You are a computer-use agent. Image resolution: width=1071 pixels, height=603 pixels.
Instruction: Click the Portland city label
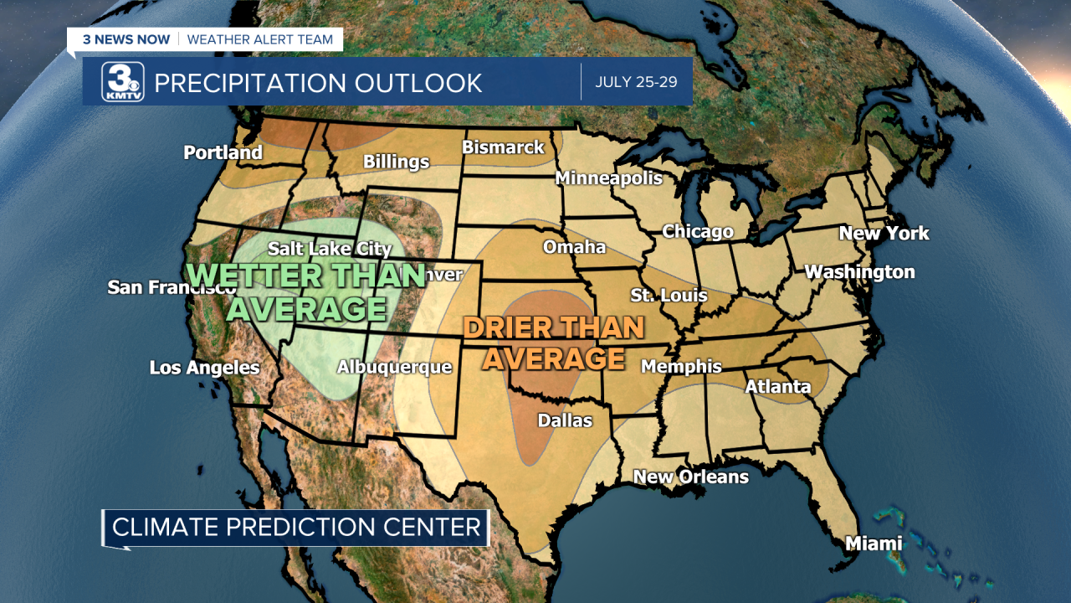223,152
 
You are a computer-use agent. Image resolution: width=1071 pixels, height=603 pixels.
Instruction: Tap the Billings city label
396,162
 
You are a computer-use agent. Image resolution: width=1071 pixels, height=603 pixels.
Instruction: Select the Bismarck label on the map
503,147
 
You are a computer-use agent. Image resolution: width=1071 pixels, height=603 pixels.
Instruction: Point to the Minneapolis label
608,178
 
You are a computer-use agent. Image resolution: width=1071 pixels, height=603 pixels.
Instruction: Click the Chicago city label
698,231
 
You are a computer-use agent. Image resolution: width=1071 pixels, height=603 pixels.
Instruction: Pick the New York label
884,234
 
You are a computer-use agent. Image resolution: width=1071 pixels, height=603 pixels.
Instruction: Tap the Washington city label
859,272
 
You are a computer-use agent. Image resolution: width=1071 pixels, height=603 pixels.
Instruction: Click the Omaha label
574,247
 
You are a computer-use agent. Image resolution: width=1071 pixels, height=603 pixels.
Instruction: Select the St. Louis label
669,295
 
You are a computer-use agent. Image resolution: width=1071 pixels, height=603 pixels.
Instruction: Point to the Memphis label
681,366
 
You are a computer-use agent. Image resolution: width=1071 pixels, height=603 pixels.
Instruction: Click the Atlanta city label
777,386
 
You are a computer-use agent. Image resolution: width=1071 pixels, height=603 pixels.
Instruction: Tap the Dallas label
565,420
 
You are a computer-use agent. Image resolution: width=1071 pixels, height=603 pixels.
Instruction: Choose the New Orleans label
690,477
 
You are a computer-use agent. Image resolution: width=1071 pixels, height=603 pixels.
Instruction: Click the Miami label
874,544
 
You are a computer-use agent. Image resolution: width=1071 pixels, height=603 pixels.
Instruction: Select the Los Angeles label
204,368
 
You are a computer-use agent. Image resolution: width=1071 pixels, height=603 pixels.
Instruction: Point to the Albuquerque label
394,367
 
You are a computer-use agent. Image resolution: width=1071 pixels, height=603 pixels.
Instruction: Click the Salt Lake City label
330,249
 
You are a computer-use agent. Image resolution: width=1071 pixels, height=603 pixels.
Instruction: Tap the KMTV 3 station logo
123,82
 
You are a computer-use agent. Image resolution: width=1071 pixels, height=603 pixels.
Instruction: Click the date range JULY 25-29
636,82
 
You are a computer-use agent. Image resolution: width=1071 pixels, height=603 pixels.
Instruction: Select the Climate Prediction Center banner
296,528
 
